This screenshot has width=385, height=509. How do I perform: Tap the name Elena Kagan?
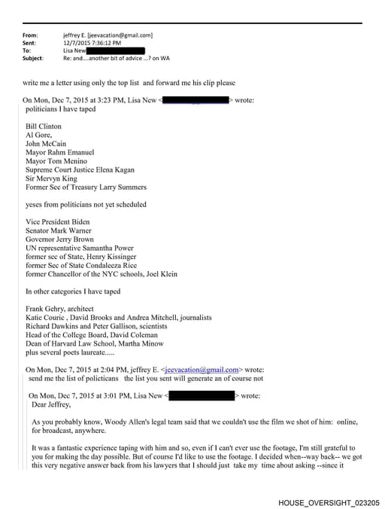tap(128, 169)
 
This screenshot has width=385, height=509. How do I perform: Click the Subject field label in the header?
tap(33, 58)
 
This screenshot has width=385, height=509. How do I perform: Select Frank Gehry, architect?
tap(59, 309)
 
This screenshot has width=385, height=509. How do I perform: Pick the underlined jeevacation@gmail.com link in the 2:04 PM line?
tap(204, 370)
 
